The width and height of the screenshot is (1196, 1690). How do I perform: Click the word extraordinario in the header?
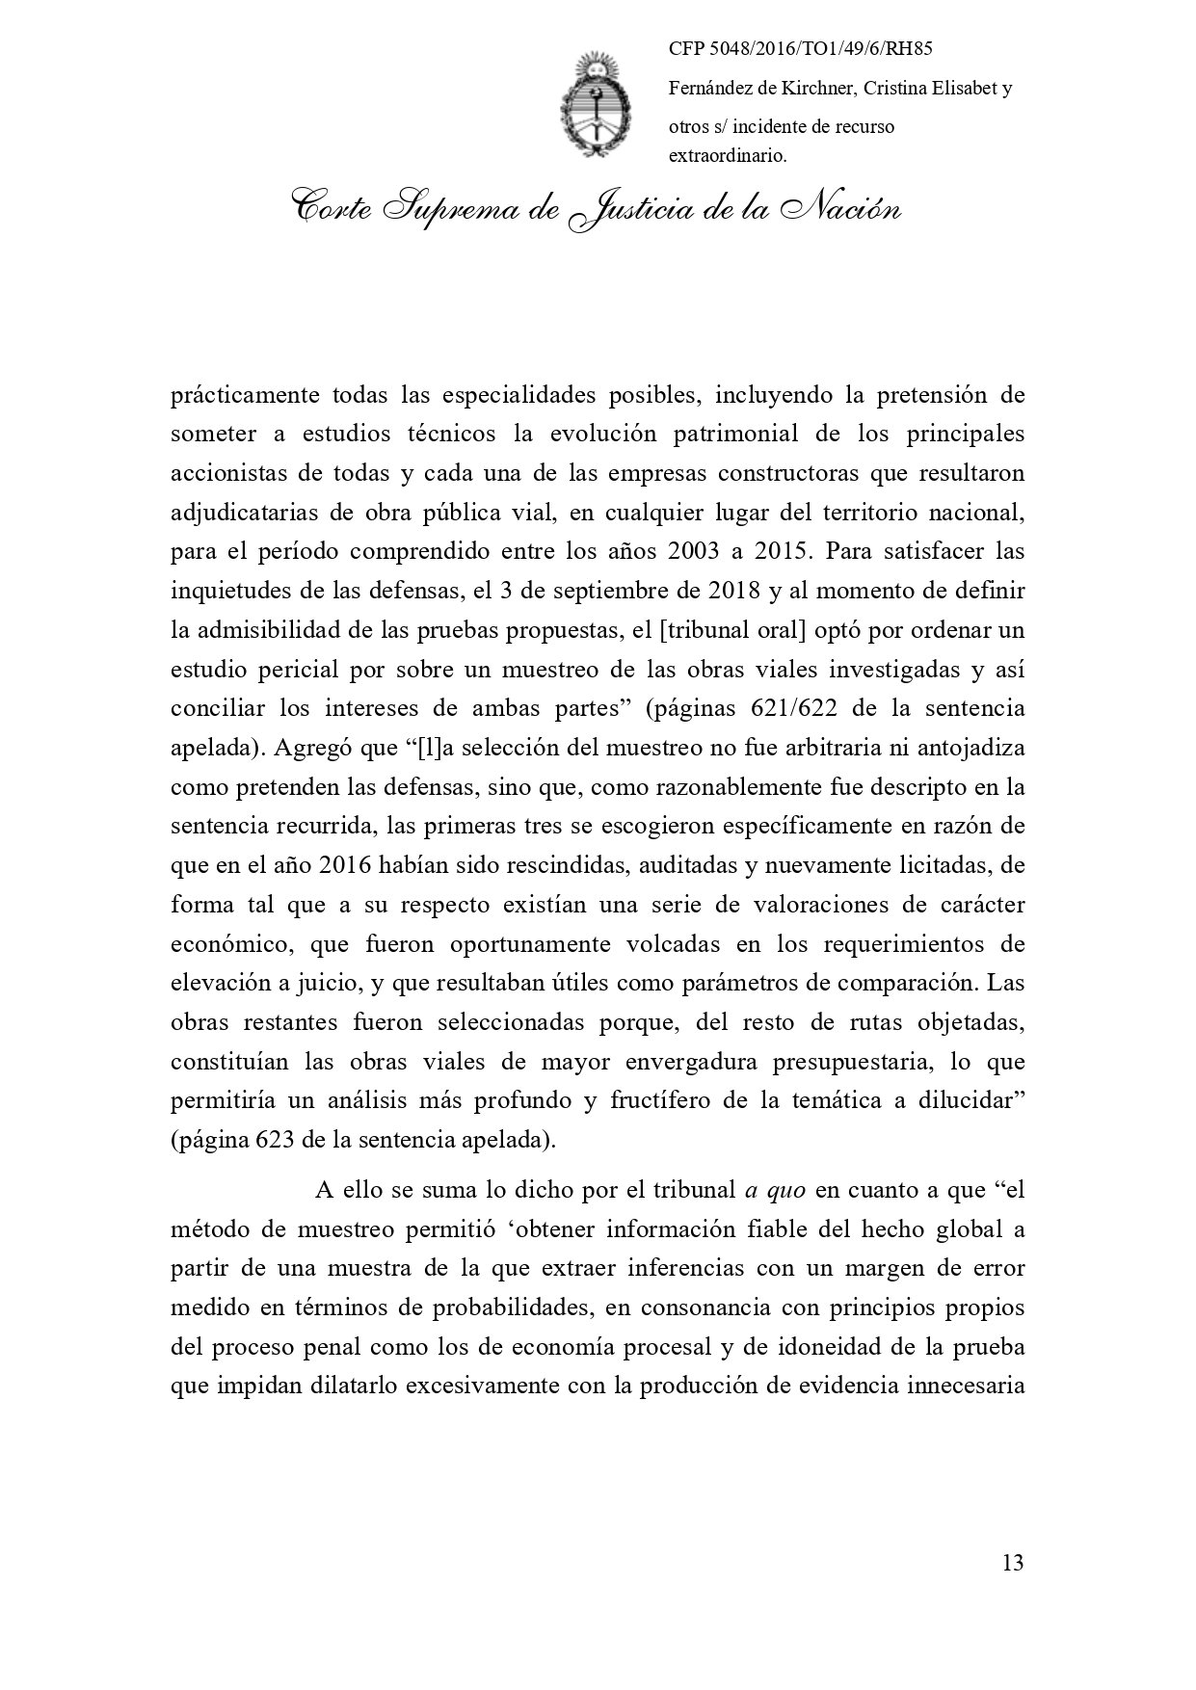[x=728, y=155]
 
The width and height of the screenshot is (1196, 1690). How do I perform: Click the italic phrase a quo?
[x=776, y=1190]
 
